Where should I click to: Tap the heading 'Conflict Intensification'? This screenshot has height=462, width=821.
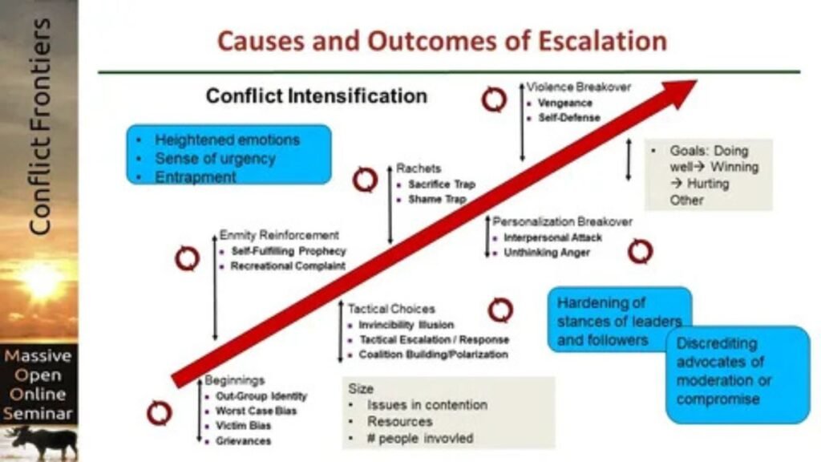[x=317, y=96]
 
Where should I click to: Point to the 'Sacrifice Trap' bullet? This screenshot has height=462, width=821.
[x=442, y=184]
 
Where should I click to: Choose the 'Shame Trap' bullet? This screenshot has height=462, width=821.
[x=436, y=199]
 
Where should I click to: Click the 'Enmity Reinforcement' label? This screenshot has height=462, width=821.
[x=279, y=235]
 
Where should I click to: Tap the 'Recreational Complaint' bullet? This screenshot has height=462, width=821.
[x=288, y=265]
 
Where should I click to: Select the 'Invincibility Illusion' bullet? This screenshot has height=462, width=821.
[x=406, y=325]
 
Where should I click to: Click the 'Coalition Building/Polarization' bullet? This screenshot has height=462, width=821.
[x=433, y=354]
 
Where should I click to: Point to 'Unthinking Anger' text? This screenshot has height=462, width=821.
[x=547, y=253]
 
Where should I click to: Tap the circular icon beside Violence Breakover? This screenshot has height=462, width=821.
[x=494, y=99]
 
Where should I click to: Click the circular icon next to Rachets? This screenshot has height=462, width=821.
[x=365, y=180]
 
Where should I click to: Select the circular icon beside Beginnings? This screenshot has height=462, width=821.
[x=159, y=413]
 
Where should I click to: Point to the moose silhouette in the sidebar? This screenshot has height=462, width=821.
[x=40, y=443]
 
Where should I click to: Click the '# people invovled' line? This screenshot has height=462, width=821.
[x=420, y=438]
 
